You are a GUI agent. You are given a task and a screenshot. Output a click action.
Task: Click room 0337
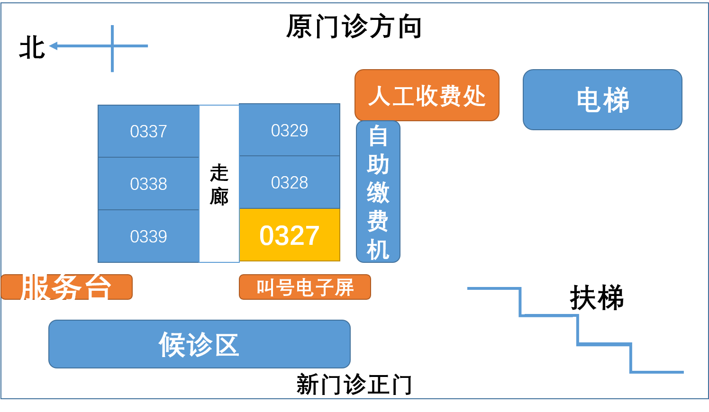coord(148,131)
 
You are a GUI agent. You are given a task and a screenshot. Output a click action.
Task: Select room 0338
coord(148,184)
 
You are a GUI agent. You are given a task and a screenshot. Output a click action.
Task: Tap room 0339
coord(148,236)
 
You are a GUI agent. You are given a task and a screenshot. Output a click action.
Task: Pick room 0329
coord(290,130)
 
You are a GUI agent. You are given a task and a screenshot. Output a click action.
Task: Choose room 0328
coord(290,182)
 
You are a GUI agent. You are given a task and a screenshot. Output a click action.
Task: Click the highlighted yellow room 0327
coord(290,235)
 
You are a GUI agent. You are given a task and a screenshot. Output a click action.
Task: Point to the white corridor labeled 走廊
coord(219,184)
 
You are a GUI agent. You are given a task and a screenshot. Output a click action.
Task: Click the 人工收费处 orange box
coord(427,95)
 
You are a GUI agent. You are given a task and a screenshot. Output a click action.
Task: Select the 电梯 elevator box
coord(602,100)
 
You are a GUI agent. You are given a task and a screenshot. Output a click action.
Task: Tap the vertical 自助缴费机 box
coord(378,192)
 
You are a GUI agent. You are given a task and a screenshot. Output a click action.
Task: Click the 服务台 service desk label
coord(66,287)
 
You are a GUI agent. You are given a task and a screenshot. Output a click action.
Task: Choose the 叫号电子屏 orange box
coord(305,287)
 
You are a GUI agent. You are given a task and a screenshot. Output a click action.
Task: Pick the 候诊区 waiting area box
coord(199,344)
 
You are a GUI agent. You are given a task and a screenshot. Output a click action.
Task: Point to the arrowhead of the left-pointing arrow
coord(53,46)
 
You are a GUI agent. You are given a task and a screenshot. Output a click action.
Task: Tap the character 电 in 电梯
coord(589,100)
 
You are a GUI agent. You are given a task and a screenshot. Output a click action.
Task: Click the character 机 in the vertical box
coord(378,249)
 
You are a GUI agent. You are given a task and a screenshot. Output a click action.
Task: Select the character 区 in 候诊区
coord(227,344)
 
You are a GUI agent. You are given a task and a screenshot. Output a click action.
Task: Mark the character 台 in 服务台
coord(98,287)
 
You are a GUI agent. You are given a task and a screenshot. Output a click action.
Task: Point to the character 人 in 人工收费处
coord(379,96)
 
